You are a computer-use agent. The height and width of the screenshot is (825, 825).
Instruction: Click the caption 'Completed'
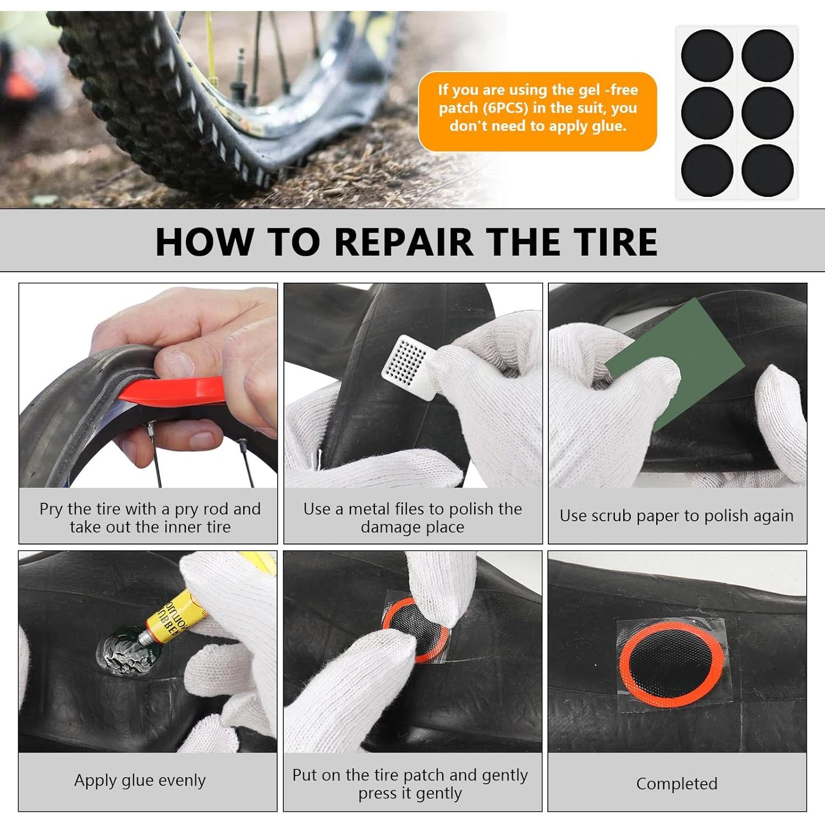tap(676, 783)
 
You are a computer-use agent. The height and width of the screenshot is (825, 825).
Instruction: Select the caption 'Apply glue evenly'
tap(140, 780)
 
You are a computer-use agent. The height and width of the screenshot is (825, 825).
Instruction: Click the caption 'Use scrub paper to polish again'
tap(676, 515)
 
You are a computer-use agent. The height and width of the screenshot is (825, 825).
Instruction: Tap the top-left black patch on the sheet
tap(707, 56)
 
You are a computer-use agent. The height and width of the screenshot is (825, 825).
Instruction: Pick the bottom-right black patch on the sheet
tap(767, 170)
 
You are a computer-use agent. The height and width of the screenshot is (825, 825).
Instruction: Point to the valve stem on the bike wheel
tap(240, 71)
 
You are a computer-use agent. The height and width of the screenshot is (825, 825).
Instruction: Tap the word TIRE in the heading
tap(615, 242)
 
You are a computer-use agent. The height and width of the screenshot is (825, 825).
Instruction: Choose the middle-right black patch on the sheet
tap(767, 112)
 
